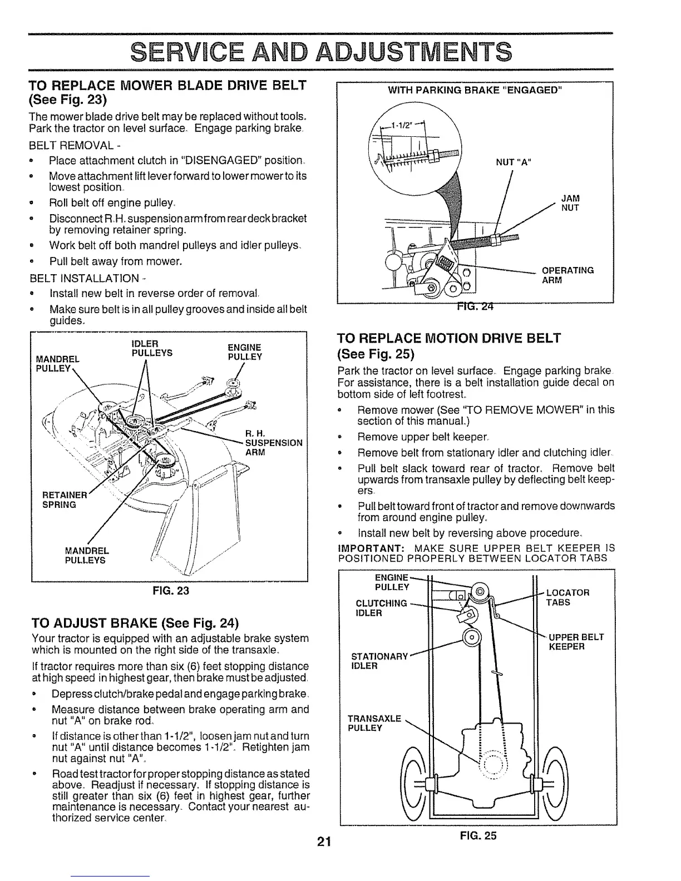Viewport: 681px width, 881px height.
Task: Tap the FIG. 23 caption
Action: click(170, 591)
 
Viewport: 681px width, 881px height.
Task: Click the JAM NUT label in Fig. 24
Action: click(570, 202)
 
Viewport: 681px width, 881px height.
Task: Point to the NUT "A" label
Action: click(513, 162)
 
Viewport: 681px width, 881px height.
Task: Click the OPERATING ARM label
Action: click(567, 275)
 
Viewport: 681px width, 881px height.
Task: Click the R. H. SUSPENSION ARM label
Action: click(274, 443)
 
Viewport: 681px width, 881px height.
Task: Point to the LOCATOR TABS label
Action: click(567, 597)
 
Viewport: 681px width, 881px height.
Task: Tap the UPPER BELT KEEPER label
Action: click(576, 642)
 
